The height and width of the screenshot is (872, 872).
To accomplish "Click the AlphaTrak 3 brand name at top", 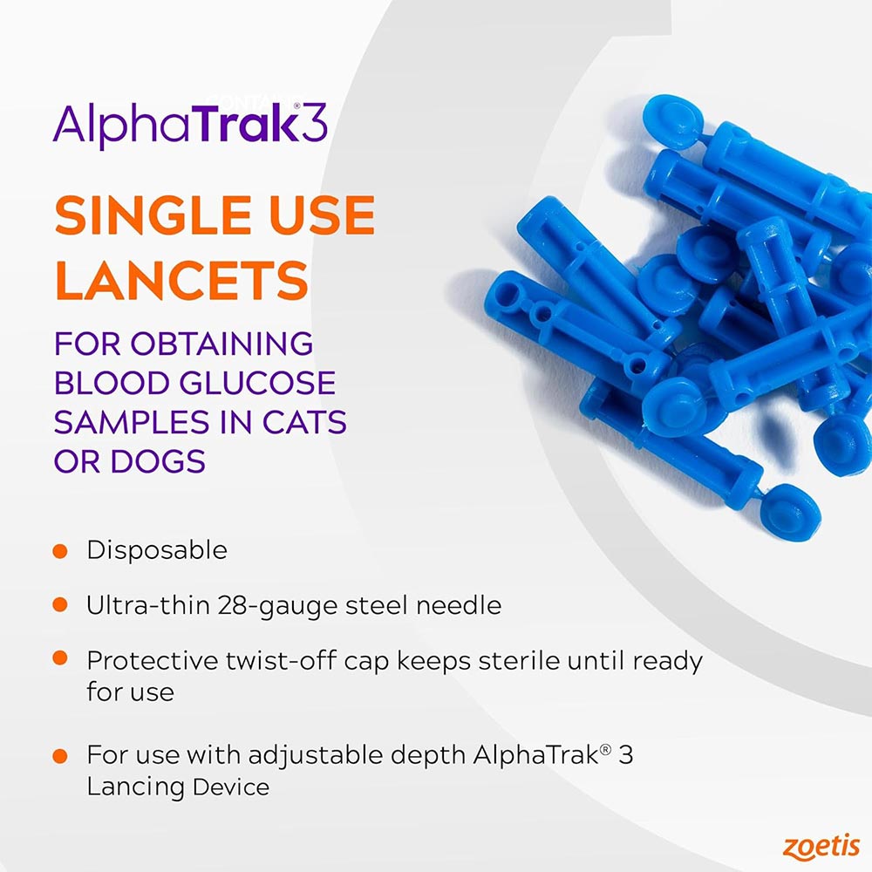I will (x=190, y=124).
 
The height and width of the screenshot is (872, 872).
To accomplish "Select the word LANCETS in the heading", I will (x=181, y=281).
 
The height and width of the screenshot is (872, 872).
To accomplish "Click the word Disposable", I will (x=157, y=550).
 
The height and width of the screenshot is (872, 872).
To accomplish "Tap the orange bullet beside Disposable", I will (x=60, y=551).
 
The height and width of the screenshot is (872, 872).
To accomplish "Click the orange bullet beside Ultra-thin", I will (x=60, y=604).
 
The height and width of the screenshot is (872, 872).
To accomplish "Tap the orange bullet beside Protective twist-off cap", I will (x=60, y=659).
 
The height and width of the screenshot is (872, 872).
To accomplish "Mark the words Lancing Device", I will (x=178, y=787).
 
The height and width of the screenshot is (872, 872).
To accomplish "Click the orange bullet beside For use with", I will (x=60, y=755).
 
